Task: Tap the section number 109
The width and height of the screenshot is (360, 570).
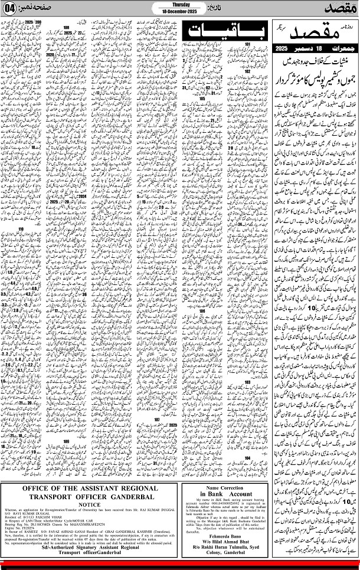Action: click(x=66, y=441)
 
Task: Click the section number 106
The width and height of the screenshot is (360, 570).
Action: click(x=202, y=310)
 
